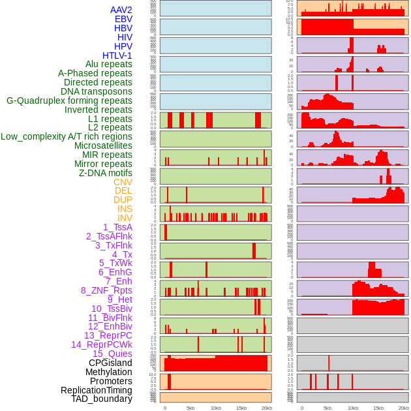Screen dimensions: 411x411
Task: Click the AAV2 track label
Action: click(x=121, y=10)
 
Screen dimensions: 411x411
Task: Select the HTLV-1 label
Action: click(x=117, y=55)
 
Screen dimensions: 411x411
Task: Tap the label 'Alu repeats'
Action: click(x=108, y=65)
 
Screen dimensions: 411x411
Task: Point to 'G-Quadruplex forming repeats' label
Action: click(x=69, y=101)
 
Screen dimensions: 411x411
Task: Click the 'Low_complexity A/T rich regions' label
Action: click(x=66, y=136)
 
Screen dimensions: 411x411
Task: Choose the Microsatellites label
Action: click(x=103, y=145)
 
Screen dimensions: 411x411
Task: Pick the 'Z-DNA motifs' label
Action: click(x=105, y=173)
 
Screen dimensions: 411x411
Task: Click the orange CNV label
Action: click(x=123, y=182)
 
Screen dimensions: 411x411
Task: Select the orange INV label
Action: click(x=125, y=218)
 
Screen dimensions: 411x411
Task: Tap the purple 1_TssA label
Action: click(x=117, y=227)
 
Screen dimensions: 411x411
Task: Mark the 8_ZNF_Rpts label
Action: click(x=106, y=290)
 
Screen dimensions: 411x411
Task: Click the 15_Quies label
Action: click(x=112, y=354)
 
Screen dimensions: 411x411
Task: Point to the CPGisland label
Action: click(x=110, y=363)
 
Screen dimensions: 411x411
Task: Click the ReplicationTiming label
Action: click(x=96, y=390)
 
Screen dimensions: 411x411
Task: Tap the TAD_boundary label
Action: click(x=101, y=399)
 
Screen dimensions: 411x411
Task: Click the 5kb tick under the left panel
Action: click(x=190, y=408)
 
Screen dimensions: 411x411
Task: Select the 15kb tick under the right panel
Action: click(x=378, y=408)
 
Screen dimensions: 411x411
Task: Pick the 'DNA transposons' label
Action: click(x=96, y=91)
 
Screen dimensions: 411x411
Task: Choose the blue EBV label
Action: click(x=123, y=19)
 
